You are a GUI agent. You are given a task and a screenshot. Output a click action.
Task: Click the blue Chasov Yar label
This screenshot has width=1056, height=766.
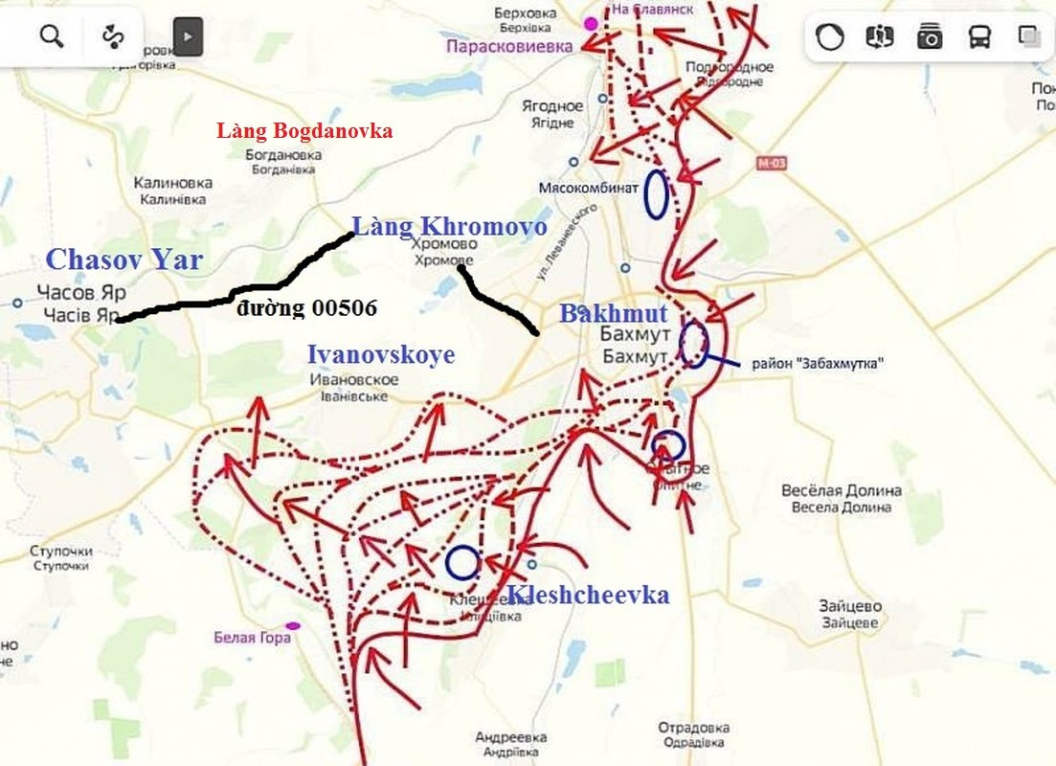[x=124, y=259]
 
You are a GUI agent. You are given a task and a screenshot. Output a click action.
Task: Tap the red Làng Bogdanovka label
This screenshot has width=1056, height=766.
[x=304, y=131]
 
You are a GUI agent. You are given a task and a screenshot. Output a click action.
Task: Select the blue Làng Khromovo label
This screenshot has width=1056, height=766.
[x=450, y=227]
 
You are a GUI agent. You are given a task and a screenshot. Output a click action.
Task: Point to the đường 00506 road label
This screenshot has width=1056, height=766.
[x=308, y=307]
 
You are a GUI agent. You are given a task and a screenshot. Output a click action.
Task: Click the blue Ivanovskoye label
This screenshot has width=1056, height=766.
[x=381, y=354]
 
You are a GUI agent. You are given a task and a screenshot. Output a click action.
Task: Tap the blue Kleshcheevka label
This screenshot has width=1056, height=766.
[x=588, y=595]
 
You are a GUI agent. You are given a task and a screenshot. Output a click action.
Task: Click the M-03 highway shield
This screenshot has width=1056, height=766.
[x=770, y=164]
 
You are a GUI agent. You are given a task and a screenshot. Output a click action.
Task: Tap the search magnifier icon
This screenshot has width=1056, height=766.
[x=52, y=36]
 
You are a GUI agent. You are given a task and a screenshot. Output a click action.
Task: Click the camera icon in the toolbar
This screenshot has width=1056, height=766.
[x=929, y=37]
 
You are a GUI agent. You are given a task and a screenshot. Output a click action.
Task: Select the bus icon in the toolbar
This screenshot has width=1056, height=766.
[x=979, y=37]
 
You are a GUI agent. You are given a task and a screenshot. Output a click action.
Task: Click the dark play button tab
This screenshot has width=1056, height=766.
[x=188, y=37]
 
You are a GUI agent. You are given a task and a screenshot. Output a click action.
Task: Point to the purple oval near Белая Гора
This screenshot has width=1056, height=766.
[x=293, y=625]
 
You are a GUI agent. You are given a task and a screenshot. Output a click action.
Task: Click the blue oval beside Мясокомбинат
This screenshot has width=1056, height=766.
[x=656, y=194]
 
